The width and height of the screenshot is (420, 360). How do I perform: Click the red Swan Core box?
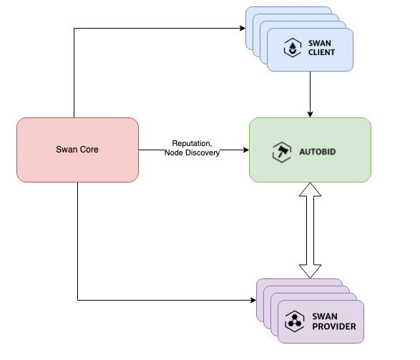pyautogui.click(x=77, y=150)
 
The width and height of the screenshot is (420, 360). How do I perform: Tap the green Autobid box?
pyautogui.click(x=310, y=150)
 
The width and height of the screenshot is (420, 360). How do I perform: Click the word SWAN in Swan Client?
pyautogui.click(x=320, y=43)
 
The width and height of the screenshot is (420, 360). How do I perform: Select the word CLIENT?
pyautogui.click(x=321, y=52)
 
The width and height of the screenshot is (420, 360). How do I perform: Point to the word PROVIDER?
pyautogui.click(x=334, y=326)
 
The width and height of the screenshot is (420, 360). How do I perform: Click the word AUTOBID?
pyautogui.click(x=318, y=152)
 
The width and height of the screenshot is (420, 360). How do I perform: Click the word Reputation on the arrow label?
pyautogui.click(x=192, y=143)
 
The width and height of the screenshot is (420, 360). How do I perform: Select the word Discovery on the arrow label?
pyautogui.click(x=202, y=152)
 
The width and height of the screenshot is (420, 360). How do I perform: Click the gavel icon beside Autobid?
pyautogui.click(x=281, y=152)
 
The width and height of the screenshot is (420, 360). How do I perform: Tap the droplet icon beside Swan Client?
pyautogui.click(x=293, y=48)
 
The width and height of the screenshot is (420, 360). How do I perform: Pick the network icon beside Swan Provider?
pyautogui.click(x=294, y=321)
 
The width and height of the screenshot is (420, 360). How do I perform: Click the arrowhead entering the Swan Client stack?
pyautogui.click(x=243, y=28)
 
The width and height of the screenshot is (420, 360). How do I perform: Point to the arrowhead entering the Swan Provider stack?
pyautogui.click(x=253, y=300)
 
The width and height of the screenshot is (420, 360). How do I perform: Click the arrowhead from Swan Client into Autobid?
pyautogui.click(x=311, y=115)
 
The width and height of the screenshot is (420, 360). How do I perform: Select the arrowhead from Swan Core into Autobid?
pyautogui.click(x=246, y=150)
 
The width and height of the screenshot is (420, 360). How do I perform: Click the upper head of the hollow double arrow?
pyautogui.click(x=311, y=190)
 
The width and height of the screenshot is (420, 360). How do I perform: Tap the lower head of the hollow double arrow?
pyautogui.click(x=311, y=271)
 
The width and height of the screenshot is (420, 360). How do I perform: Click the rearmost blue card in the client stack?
pyautogui.click(x=289, y=10)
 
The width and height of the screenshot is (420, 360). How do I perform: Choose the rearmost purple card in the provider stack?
pyautogui.click(x=300, y=282)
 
